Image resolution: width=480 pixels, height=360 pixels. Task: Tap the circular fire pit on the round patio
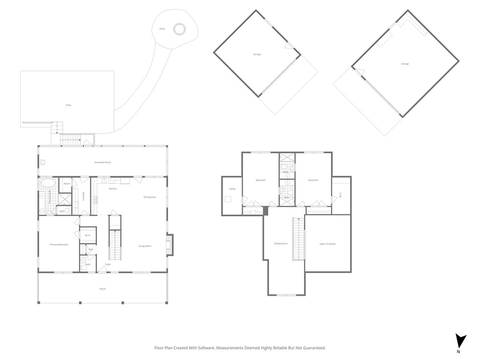[179, 29]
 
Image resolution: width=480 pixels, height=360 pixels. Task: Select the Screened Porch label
[102, 162]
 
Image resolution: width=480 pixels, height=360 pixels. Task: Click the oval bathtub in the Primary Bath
[46, 182]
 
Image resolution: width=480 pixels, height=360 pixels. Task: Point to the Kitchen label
[113, 188]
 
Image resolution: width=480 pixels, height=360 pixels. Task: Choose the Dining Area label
[150, 197]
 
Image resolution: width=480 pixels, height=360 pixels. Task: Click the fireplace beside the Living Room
[169, 245]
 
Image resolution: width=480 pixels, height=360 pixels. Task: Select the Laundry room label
[83, 196]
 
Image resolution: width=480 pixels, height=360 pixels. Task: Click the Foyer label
[108, 264]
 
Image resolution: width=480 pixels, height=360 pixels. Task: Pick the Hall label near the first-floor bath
[90, 249]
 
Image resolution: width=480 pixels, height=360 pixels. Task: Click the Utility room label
[232, 188]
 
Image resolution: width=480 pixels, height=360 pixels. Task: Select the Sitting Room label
[281, 243]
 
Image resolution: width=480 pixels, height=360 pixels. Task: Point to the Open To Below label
[328, 244]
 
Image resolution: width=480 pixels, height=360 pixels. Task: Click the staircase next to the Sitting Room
[298, 239]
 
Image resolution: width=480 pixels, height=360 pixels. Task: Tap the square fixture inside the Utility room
[228, 199]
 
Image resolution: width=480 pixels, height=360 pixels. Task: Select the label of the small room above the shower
[67, 184]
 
